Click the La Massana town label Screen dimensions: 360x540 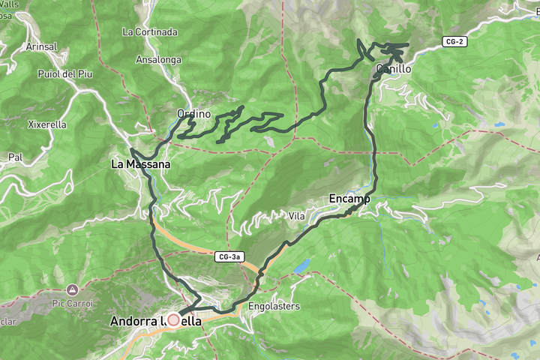click(x=140, y=163)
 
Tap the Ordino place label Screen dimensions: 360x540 click(x=193, y=114)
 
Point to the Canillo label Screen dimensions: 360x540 click(x=394, y=69)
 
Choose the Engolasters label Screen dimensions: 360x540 click(x=274, y=306)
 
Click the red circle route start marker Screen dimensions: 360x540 click(x=173, y=320)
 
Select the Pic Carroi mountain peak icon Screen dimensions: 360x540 click(x=72, y=289)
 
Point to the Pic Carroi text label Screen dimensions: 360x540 click(x=72, y=303)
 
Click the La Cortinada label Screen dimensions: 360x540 click(x=150, y=32)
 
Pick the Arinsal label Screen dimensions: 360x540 click(x=41, y=46)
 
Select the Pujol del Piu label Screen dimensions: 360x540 click(x=65, y=73)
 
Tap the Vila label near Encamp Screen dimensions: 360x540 click(x=297, y=216)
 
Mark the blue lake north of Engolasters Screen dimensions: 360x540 click(x=301, y=265)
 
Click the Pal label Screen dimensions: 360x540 click(x=15, y=157)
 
